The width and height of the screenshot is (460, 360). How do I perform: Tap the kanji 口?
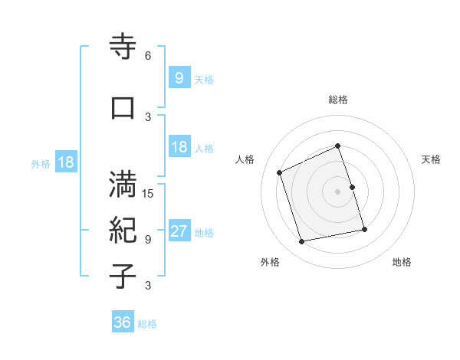tap(123, 107)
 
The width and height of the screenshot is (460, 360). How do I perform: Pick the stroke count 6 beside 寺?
tap(147, 56)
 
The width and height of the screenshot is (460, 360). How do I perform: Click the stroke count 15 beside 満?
tap(148, 193)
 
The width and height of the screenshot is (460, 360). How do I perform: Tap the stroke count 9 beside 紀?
tap(147, 239)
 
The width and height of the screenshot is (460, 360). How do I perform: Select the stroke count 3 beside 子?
tap(147, 286)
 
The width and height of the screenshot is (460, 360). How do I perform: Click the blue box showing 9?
tap(179, 77)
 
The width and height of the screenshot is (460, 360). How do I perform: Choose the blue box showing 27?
tap(179, 231)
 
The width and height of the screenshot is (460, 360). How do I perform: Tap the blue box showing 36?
tap(122, 322)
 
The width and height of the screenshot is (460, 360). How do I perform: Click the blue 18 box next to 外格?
tap(65, 162)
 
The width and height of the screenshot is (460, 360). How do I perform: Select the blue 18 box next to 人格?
tap(179, 147)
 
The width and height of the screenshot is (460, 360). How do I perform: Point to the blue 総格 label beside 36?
tap(147, 324)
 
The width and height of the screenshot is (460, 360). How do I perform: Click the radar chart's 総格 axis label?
tap(338, 100)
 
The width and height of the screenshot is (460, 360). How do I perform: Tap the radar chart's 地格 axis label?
tap(402, 262)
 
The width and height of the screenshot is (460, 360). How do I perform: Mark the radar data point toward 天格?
tap(352, 187)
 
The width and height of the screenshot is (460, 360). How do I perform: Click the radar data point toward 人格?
tap(280, 172)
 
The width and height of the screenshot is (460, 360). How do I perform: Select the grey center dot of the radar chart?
tap(338, 191)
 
